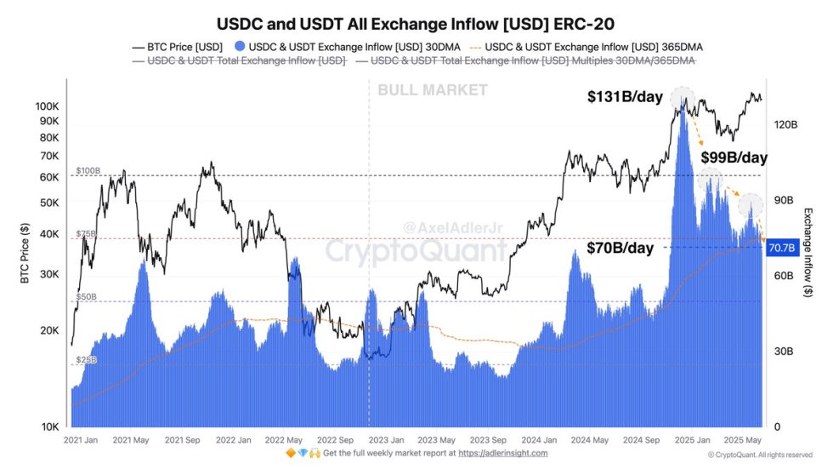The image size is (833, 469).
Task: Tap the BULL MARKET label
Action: coord(433,90)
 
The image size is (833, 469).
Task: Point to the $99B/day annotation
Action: coord(734,157)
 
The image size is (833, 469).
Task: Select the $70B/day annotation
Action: coord(620,248)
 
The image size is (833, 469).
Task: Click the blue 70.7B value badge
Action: coord(780,248)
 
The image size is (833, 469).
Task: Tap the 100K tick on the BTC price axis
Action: coord(47,106)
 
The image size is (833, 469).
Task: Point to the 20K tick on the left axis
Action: coord(49,331)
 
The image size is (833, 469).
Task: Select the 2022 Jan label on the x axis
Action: coord(232,441)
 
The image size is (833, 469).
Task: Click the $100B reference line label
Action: coord(88,171)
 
